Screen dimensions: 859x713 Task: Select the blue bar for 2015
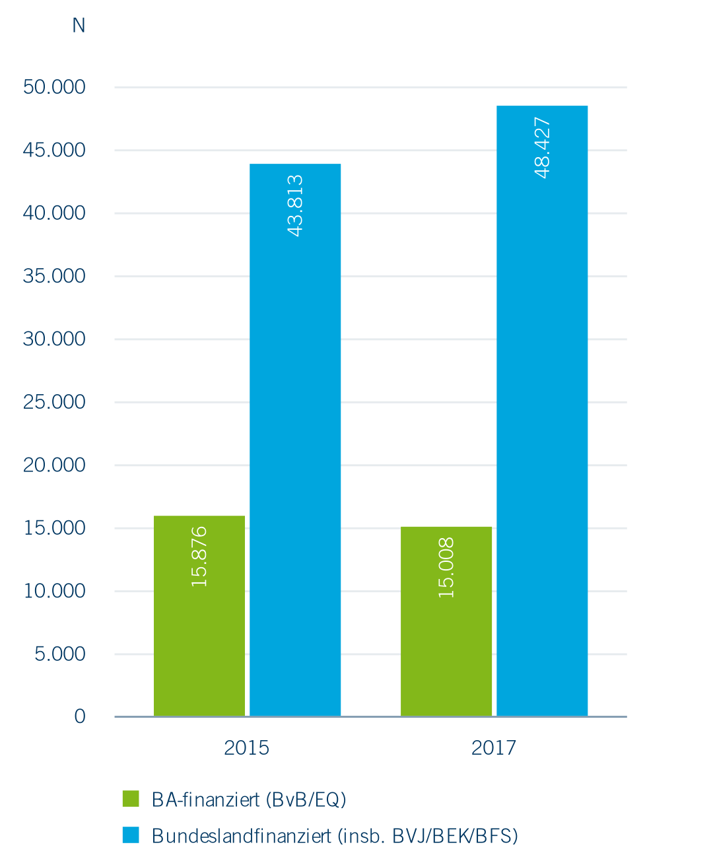[295, 462]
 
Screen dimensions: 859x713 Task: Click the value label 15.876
[199, 557]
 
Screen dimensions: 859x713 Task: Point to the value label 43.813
[295, 205]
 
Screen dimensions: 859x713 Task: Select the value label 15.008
[446, 568]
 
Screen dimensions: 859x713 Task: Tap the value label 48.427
[542, 147]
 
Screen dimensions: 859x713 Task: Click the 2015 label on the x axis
[246, 747]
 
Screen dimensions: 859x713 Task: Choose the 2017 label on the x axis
[493, 747]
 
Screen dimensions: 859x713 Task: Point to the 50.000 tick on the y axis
[54, 87]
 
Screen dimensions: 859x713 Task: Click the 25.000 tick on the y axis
[54, 402]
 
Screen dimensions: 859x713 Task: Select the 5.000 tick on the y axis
[60, 654]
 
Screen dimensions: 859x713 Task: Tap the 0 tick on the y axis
[80, 716]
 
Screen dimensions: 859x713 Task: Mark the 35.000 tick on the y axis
[54, 276]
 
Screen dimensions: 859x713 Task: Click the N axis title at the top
[79, 25]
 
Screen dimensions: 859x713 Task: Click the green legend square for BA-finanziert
[131, 798]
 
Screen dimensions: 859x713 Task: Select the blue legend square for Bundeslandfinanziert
[131, 835]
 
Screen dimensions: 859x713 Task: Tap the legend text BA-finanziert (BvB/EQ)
[249, 800]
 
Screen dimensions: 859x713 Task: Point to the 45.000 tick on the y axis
[54, 150]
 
